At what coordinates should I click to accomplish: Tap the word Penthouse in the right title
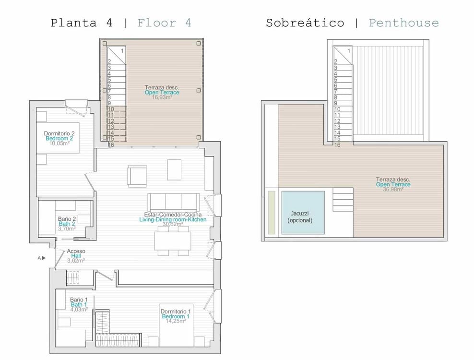click(403, 23)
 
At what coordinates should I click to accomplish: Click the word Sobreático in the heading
click(305, 23)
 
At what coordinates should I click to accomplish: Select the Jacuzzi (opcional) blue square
click(303, 213)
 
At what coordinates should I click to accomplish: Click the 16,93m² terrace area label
click(162, 97)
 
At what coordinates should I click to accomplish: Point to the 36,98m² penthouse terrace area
click(393, 189)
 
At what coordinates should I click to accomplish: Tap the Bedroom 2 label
click(59, 138)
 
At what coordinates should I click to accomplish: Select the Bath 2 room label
click(67, 224)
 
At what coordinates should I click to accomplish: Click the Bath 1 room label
click(79, 304)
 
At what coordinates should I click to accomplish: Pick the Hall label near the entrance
click(76, 256)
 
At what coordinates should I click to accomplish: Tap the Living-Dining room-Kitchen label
click(172, 219)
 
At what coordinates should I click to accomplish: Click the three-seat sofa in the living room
click(173, 202)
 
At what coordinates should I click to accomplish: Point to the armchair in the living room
click(137, 176)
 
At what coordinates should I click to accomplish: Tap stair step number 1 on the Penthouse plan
click(348, 50)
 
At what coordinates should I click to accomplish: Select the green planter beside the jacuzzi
click(272, 211)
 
